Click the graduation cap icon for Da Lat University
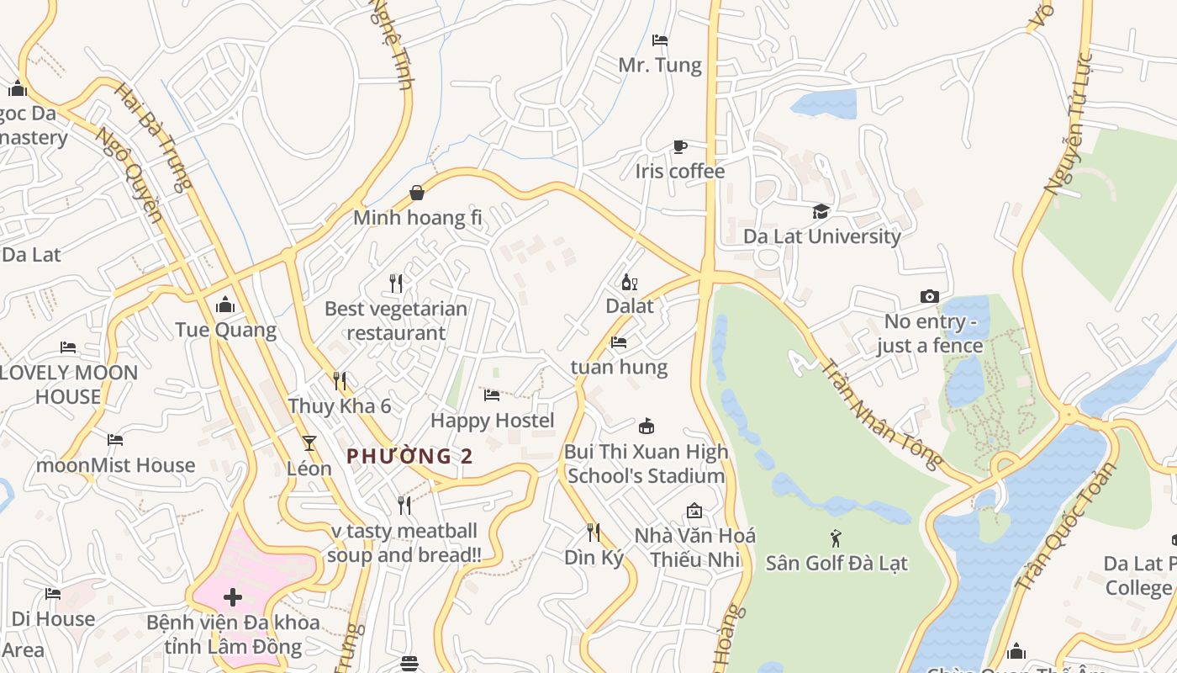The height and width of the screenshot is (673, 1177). point(821,211)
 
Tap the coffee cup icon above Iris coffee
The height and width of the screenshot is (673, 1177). point(680,146)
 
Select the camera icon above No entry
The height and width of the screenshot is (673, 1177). point(929,296)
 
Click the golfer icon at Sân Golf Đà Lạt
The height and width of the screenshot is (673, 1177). point(836,538)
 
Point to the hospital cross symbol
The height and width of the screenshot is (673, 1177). point(233,598)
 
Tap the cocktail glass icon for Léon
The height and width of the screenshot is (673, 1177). point(309,442)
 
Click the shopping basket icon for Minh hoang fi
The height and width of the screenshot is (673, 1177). point(417,193)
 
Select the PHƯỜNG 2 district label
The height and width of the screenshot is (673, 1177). point(410,457)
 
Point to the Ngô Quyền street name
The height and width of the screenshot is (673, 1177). point(129,175)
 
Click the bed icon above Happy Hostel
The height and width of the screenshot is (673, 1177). point(492,395)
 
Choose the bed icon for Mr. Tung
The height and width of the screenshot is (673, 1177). point(660,40)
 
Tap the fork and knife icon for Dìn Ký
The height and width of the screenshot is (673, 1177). point(594,532)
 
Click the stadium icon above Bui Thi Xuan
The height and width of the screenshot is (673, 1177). point(646,427)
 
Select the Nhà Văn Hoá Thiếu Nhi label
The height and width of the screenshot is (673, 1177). point(694,548)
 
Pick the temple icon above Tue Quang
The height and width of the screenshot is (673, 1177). point(225,304)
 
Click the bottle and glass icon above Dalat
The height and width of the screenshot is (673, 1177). point(629,282)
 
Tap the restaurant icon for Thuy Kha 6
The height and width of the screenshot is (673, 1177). point(340,381)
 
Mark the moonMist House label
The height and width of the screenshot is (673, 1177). point(115,465)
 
